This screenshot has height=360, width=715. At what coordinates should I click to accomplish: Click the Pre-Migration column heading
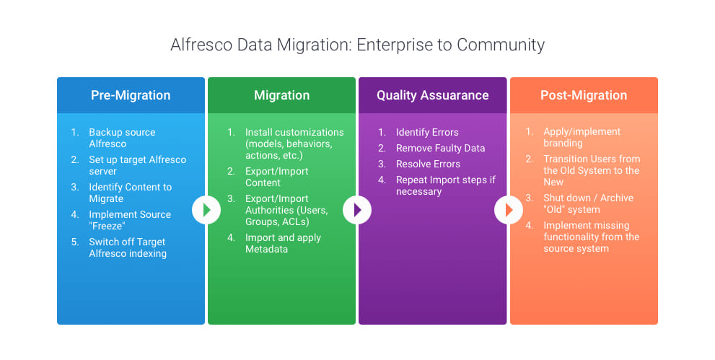tap(131, 95)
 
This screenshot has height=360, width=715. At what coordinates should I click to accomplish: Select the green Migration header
tap(282, 95)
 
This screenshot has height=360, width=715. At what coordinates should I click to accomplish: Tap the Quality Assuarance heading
tap(433, 95)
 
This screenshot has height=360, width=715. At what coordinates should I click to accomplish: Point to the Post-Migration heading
tap(584, 95)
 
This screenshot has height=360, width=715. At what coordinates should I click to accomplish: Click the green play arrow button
tap(206, 210)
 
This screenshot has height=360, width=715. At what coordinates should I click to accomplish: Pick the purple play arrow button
tap(357, 210)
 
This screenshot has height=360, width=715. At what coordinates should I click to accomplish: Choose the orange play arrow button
tap(509, 210)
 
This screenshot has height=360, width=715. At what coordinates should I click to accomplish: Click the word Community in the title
tap(501, 45)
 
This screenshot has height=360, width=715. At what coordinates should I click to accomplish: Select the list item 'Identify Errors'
tap(427, 132)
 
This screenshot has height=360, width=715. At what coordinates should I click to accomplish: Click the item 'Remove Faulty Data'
tap(441, 148)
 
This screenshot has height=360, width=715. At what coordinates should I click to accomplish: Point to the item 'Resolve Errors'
tap(428, 164)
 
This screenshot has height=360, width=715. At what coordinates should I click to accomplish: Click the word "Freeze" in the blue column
tap(107, 226)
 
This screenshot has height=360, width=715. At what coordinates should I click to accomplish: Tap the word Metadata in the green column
tap(266, 250)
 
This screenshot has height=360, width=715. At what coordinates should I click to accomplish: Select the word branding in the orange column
tap(563, 143)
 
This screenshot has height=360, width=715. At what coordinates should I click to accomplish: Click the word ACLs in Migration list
tap(296, 222)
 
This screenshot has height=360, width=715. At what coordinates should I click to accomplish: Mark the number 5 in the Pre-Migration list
tap(75, 242)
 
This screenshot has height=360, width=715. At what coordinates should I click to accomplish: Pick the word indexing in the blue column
tap(146, 254)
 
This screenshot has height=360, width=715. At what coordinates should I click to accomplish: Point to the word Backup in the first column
tap(103, 133)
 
